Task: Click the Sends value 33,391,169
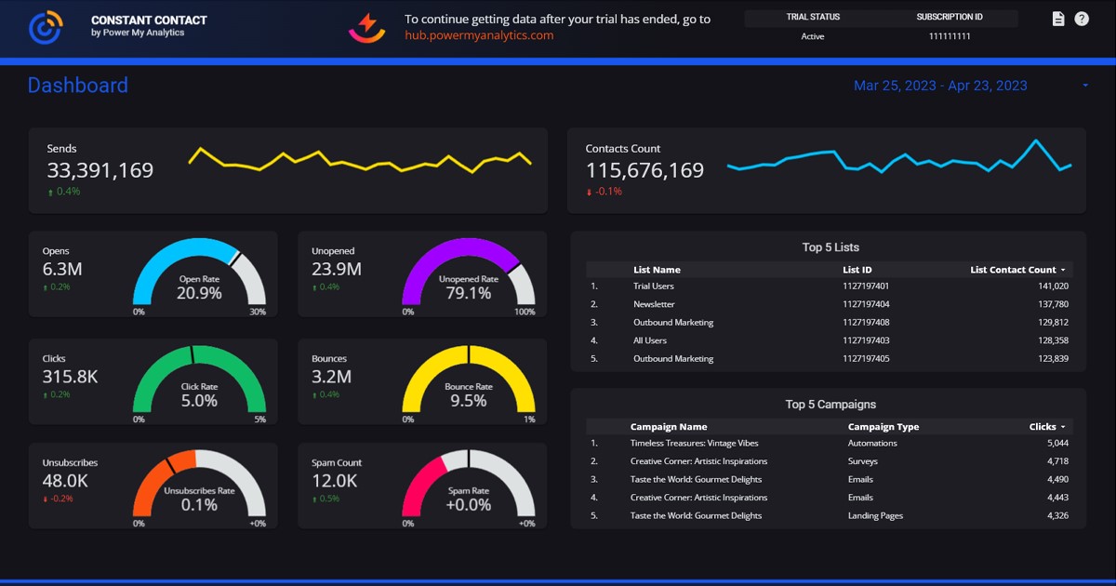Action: tap(100, 170)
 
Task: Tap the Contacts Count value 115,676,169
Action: tap(644, 170)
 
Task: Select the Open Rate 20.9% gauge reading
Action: tap(199, 293)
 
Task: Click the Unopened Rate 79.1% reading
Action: tap(468, 293)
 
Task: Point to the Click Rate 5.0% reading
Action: tap(199, 401)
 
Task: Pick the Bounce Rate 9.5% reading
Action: tap(468, 401)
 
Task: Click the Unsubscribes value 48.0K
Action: tap(65, 481)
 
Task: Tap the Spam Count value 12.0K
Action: tap(334, 481)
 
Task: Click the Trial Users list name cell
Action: tap(654, 286)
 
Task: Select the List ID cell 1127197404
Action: tap(866, 304)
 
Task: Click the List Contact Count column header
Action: tap(1013, 270)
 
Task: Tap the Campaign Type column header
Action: tap(883, 427)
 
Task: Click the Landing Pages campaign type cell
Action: tap(875, 515)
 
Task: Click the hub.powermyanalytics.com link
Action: tap(479, 35)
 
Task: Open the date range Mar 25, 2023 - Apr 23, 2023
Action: tap(940, 86)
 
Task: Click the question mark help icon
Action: tap(1082, 19)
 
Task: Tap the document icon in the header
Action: tap(1057, 19)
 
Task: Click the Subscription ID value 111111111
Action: tap(950, 36)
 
